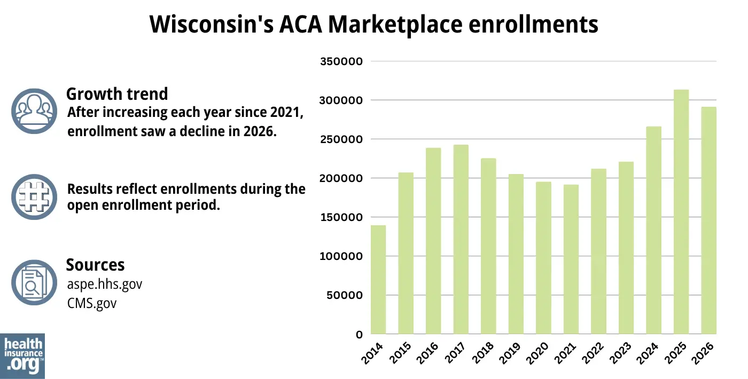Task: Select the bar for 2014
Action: tap(378, 280)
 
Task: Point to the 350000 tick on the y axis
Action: tap(341, 61)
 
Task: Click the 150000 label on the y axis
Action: tap(341, 217)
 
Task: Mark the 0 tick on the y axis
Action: tap(359, 335)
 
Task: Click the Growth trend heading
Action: tap(116, 94)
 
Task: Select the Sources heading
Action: tap(95, 265)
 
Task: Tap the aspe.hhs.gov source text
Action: tap(105, 284)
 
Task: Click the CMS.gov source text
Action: tap(92, 303)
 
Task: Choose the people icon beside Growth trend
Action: tap(34, 111)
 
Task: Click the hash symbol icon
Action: tap(34, 197)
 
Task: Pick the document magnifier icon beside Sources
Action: tap(34, 282)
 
